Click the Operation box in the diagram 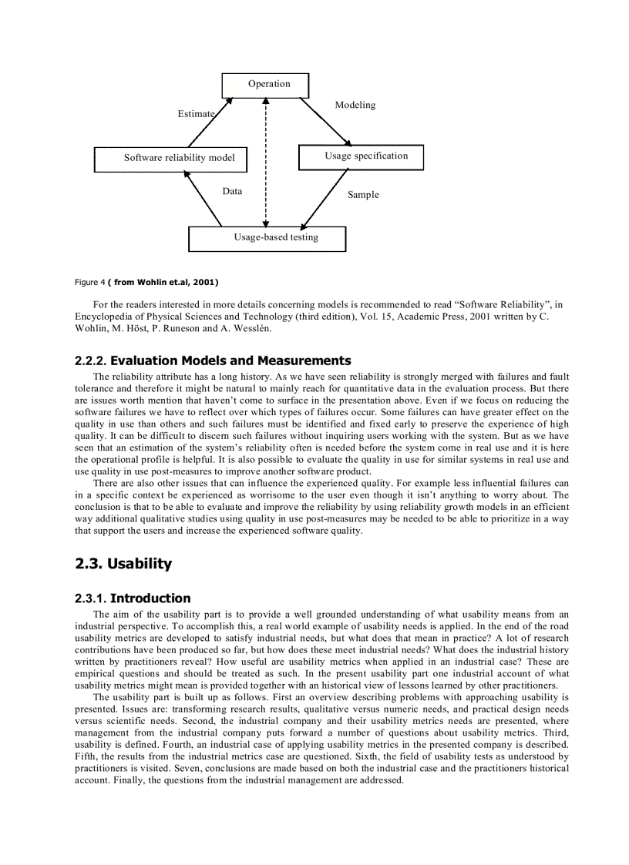coord(265,85)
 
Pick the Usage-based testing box coord(267,238)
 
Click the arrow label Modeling coord(355,106)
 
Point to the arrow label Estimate coord(196,114)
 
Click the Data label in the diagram coord(232,192)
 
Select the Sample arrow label coord(363,196)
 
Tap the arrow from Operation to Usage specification coord(325,121)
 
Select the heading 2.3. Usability coord(123,564)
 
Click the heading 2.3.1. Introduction coord(133,598)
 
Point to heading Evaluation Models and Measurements coord(230,360)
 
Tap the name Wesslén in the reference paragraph coord(252,328)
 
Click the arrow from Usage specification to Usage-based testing coord(324,198)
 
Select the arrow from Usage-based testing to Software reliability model coord(203,199)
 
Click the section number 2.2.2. coord(91,360)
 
